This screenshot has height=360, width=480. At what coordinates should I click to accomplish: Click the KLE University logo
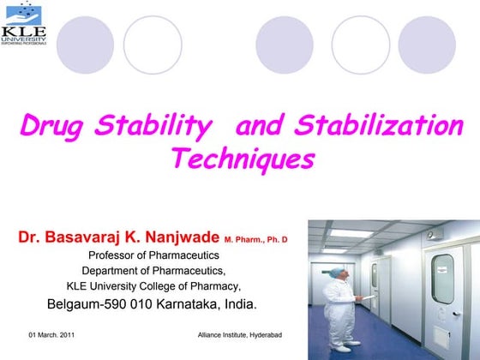(23, 27)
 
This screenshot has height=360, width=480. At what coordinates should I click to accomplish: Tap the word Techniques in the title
(243, 159)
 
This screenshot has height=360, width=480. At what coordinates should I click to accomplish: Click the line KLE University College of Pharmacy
(153, 286)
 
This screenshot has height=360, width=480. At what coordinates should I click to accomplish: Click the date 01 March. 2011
(51, 333)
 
